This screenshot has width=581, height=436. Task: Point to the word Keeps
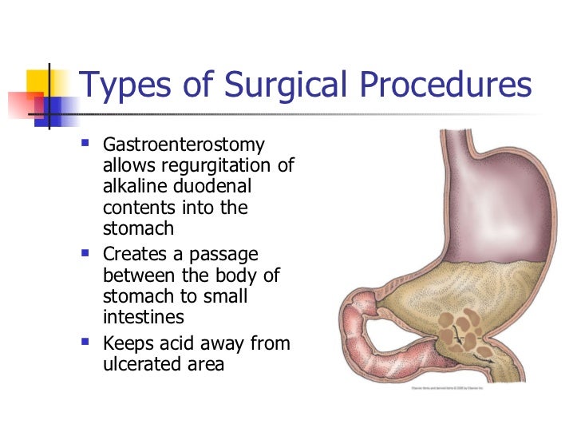click(x=128, y=345)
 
